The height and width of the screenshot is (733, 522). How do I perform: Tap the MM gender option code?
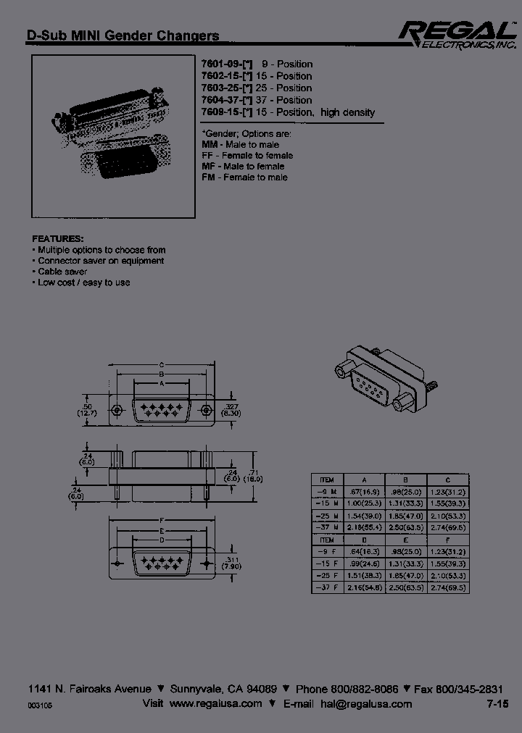pyautogui.click(x=209, y=145)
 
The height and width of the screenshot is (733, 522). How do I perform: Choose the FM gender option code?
pyautogui.click(x=208, y=177)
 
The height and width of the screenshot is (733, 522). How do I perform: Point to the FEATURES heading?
pyautogui.click(x=58, y=238)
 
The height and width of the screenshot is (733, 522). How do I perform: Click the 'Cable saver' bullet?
pyautogui.click(x=62, y=272)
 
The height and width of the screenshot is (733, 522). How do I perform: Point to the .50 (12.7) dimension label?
pyautogui.click(x=87, y=411)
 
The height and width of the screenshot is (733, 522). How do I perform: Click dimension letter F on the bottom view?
pyautogui.click(x=160, y=520)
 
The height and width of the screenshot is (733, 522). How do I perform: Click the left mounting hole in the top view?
pyautogui.click(x=115, y=411)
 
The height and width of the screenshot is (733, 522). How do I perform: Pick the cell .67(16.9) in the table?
pyautogui.click(x=362, y=491)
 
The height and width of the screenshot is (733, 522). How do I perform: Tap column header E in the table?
pyautogui.click(x=405, y=540)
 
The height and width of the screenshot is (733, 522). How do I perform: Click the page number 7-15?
pyautogui.click(x=497, y=704)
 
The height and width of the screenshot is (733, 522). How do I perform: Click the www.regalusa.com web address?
pyautogui.click(x=215, y=704)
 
